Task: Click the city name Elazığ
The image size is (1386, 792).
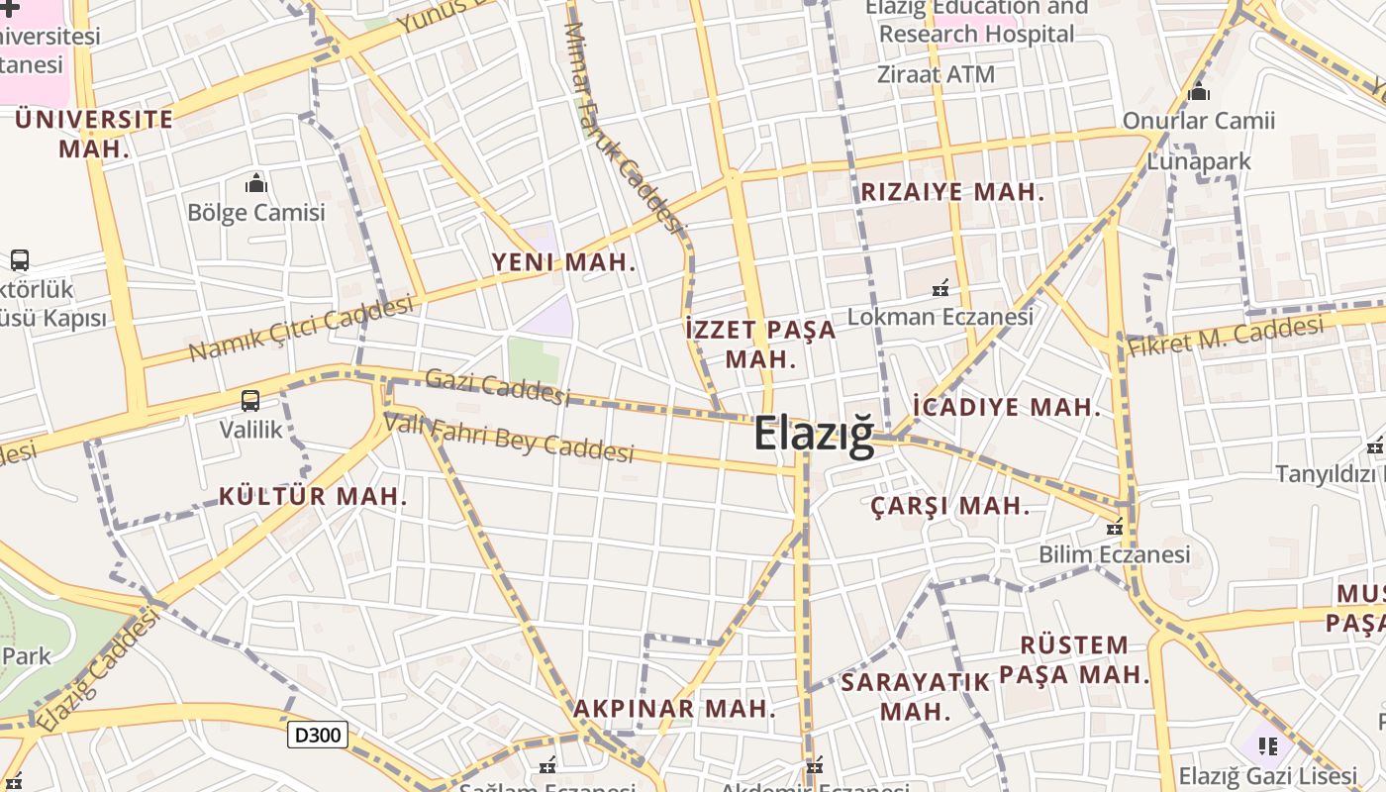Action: pos(814,435)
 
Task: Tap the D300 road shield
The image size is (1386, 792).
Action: pos(318,735)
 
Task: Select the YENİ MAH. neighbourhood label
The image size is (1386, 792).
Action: pos(564,262)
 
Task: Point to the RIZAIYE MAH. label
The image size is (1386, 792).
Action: pos(952,192)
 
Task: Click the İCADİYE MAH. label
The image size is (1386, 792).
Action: pos(1007,407)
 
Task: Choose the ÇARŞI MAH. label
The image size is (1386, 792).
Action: pos(950,506)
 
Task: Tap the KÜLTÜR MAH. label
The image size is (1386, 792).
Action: pos(313,496)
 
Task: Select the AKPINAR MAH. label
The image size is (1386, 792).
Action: pos(675,709)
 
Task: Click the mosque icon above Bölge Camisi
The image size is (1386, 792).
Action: pos(256,183)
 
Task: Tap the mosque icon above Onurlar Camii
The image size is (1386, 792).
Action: pos(1199,92)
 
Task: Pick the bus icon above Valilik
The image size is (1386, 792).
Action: pos(250,401)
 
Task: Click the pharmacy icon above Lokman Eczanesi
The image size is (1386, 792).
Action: pos(940,288)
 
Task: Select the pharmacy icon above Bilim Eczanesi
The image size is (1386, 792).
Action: pos(1115,527)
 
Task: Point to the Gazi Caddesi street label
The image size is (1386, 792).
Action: pos(498,387)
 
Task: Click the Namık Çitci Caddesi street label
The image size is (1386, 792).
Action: pos(301,329)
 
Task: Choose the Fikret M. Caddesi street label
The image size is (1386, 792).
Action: pos(1226,337)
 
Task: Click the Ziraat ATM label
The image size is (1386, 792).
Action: pos(937,74)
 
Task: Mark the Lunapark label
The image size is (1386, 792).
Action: pos(1199,160)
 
